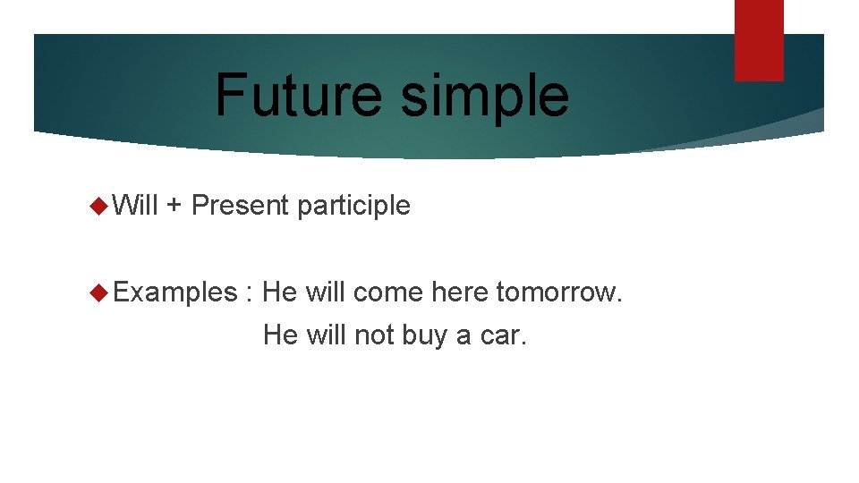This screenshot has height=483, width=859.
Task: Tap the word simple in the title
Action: click(484, 97)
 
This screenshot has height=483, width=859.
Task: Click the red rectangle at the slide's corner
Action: click(759, 40)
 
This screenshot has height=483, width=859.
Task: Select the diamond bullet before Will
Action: click(99, 206)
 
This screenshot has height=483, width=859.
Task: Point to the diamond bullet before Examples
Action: click(99, 292)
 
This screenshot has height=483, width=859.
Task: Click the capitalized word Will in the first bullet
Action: click(136, 206)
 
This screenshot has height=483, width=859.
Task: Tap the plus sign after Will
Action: click(174, 207)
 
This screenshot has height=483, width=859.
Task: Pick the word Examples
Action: click(174, 292)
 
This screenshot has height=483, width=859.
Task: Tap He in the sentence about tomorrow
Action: click(280, 292)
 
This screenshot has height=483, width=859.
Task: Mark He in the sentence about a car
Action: click(280, 335)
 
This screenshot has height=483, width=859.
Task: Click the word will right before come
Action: click(327, 292)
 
